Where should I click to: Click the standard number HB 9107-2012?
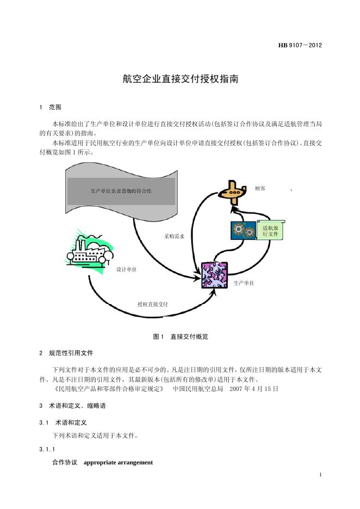[300, 45]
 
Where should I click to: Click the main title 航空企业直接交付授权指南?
[180, 79]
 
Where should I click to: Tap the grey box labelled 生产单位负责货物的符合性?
[121, 191]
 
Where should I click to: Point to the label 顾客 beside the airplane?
[260, 188]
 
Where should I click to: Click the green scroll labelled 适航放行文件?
[270, 231]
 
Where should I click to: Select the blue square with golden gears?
[243, 231]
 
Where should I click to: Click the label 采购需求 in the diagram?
[174, 237]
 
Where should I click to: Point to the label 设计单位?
[126, 270]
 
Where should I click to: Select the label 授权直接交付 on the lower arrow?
[152, 304]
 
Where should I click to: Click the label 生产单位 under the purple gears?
[244, 283]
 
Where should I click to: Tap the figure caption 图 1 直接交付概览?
[180, 337]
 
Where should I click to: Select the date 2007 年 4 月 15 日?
[254, 389]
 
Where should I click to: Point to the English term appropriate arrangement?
[118, 462]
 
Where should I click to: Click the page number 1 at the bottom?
[321, 475]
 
